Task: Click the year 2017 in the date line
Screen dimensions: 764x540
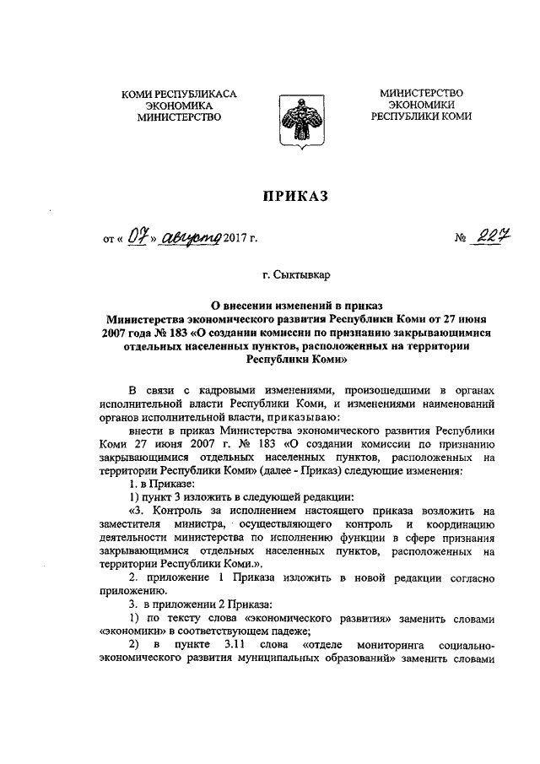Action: (239, 239)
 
